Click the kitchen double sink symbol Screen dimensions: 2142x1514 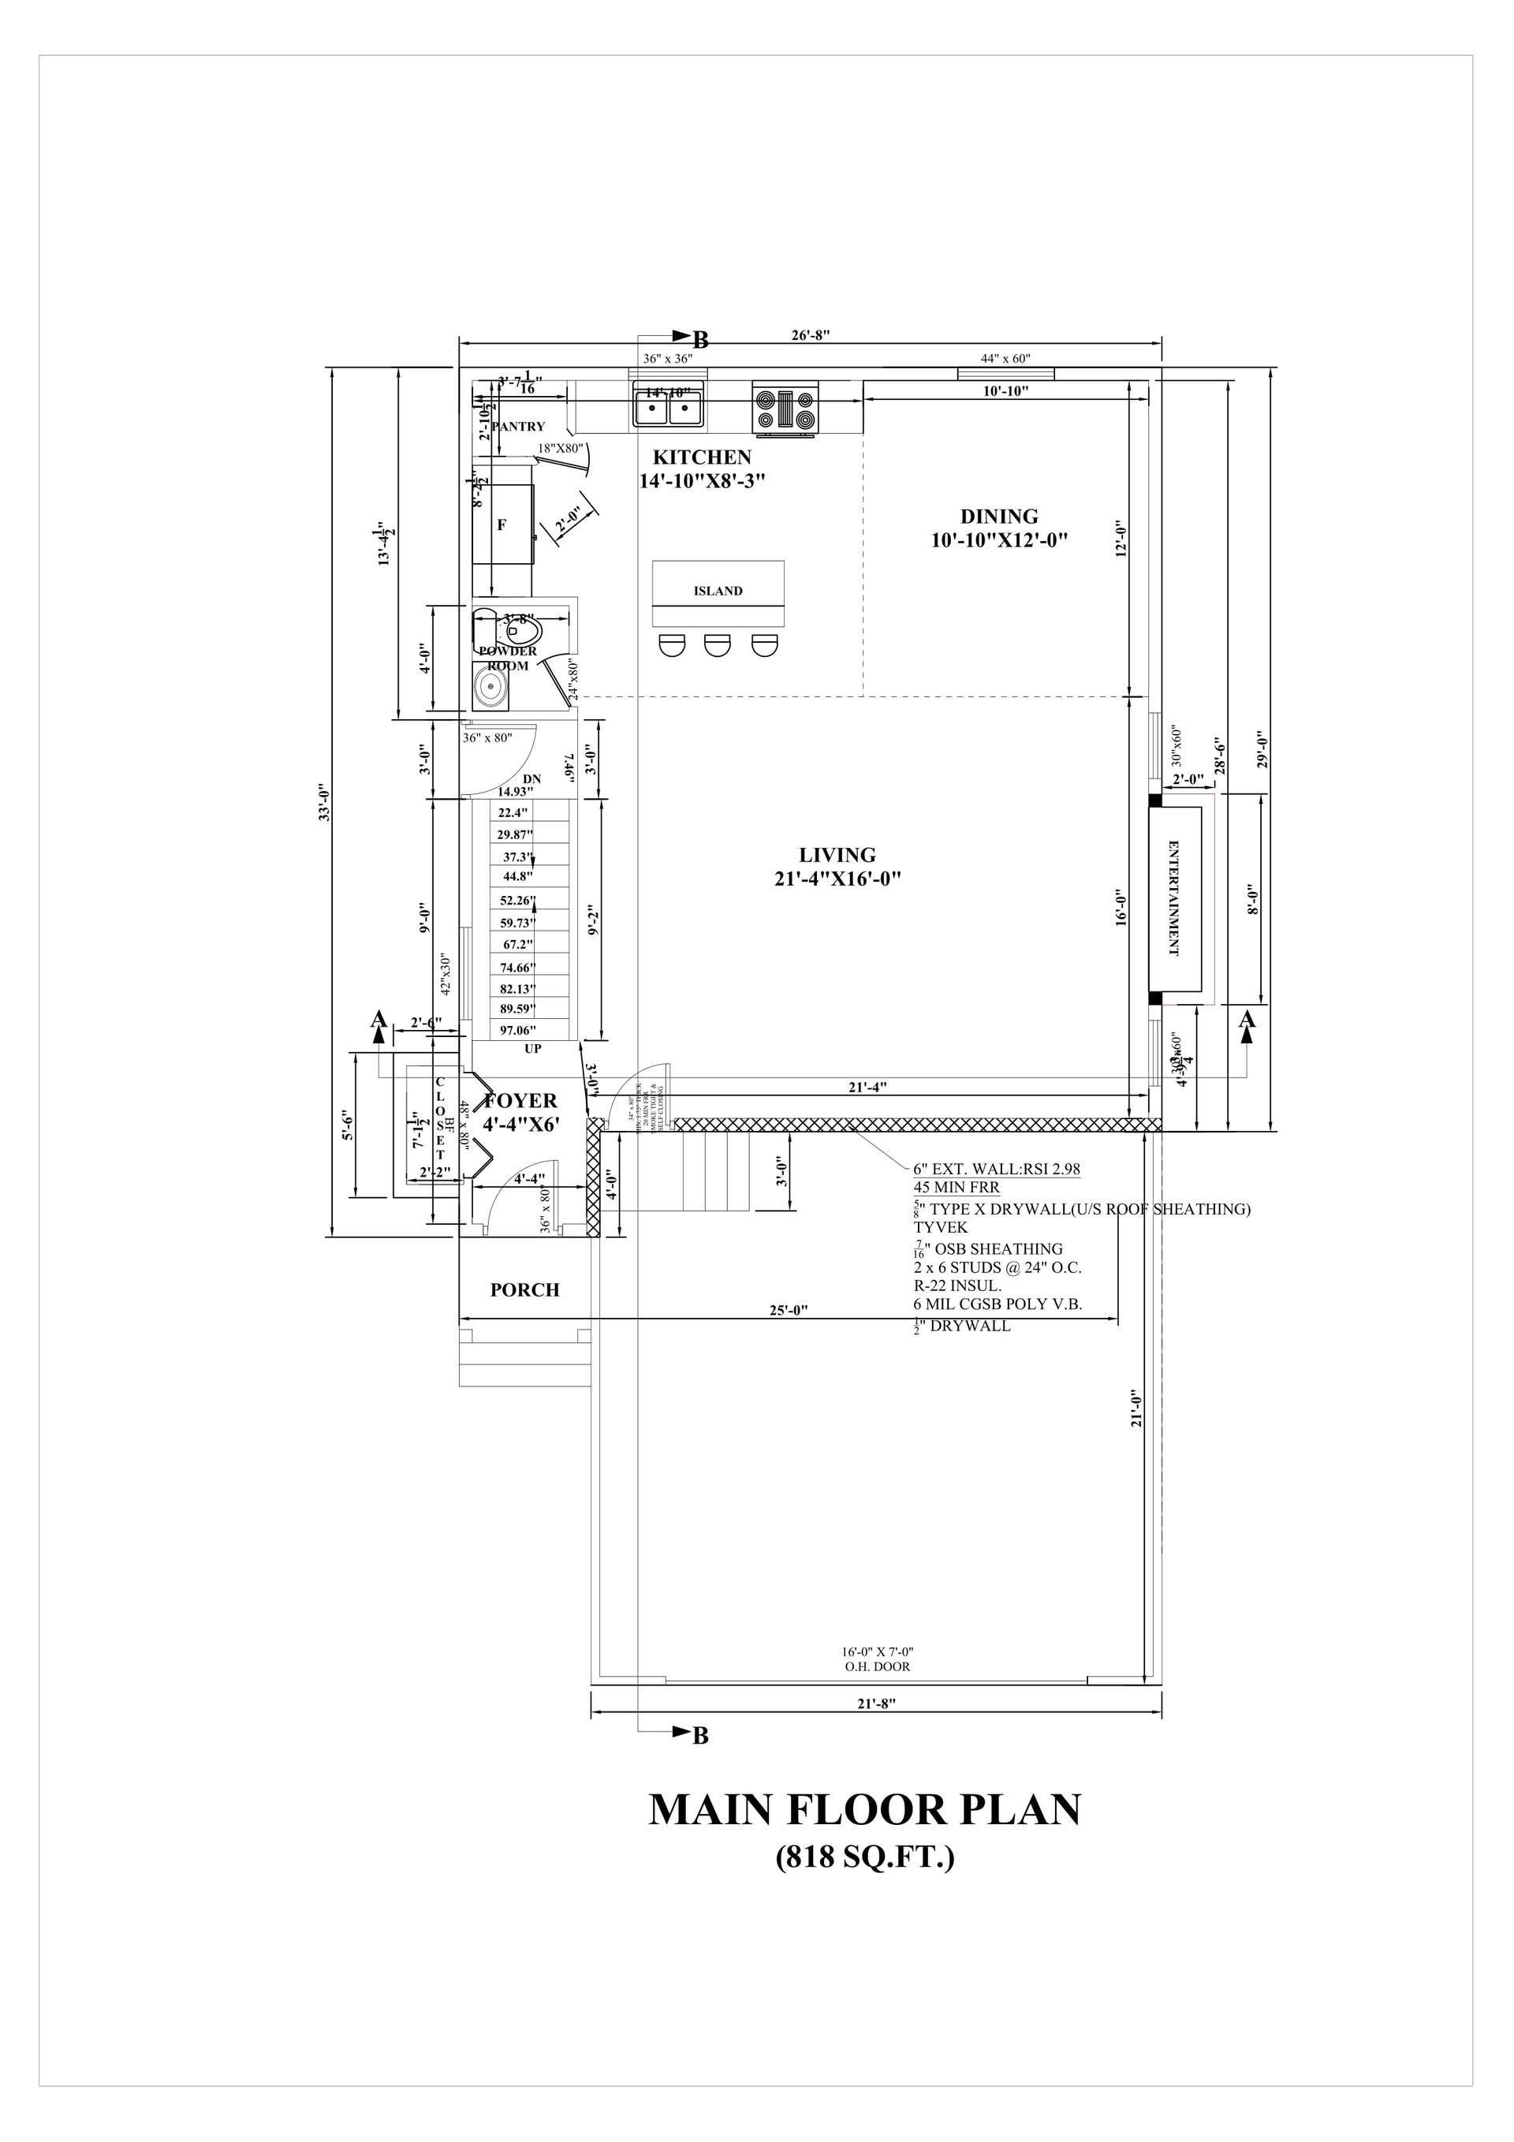click(669, 407)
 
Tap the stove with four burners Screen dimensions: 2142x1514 click(785, 409)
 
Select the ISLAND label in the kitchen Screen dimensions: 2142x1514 click(718, 591)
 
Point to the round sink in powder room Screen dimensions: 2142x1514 click(490, 688)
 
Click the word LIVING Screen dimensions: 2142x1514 click(837, 855)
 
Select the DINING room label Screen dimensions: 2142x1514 click(998, 516)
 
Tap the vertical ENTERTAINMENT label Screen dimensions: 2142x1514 click(1173, 898)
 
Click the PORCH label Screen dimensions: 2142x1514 click(525, 1289)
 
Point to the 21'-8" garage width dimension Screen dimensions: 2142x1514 click(876, 1703)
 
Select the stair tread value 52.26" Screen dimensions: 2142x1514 click(518, 901)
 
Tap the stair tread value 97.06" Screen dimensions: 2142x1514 click(519, 1030)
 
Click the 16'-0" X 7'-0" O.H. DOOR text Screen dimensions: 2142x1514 click(876, 1658)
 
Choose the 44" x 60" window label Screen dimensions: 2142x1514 click(1005, 358)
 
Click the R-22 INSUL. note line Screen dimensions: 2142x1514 click(957, 1286)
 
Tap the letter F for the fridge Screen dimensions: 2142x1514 click(502, 524)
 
